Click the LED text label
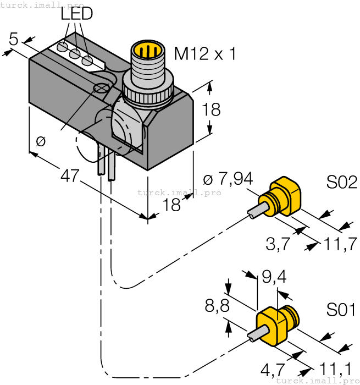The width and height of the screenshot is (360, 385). (77, 14)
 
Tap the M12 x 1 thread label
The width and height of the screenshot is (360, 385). (204, 54)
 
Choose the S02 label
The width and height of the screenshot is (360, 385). (341, 182)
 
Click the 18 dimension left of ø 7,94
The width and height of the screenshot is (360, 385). (172, 205)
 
